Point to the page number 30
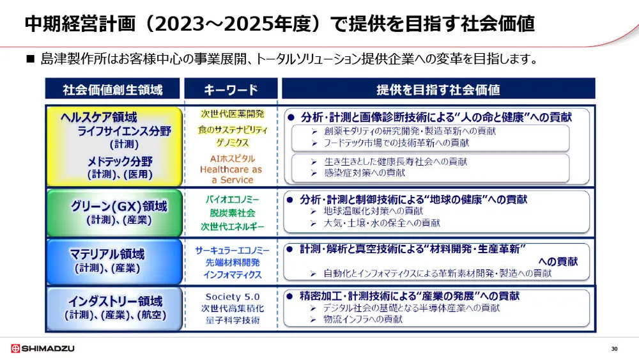[614, 348]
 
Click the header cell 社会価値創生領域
[112, 90]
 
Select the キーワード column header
[231, 90]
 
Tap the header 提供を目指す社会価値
[438, 90]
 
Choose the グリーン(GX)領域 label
[119, 206]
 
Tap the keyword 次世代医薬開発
[232, 114]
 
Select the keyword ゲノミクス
[232, 143]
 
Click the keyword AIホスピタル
[231, 158]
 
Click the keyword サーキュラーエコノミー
[232, 250]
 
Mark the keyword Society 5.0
[231, 297]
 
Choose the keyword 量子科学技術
[231, 320]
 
